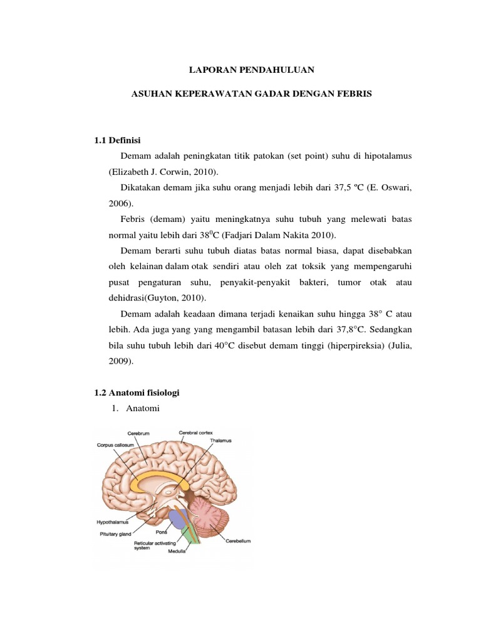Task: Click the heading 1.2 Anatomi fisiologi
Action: pos(137,392)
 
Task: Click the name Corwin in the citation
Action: pos(178,171)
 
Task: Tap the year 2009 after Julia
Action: pos(119,362)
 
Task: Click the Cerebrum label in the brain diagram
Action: pos(138,433)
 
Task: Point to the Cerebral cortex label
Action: pos(197,433)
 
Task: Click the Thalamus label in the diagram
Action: pos(220,441)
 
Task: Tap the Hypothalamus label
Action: pos(113,520)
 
